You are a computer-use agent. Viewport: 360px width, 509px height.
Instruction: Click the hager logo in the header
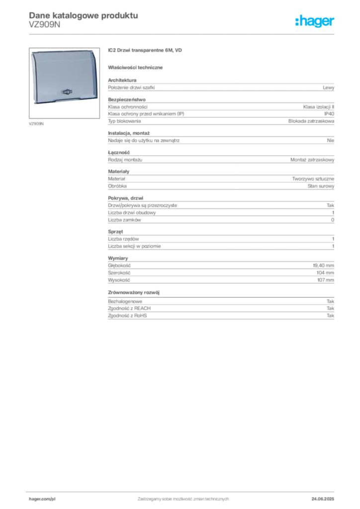[x=315, y=21]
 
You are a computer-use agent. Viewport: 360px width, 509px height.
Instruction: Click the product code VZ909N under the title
[x=44, y=25]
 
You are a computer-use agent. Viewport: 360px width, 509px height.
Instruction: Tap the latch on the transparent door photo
[x=67, y=92]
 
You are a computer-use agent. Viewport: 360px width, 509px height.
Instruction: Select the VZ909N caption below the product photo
[x=36, y=124]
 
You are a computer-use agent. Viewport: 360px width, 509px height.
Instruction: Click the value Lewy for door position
[x=328, y=87]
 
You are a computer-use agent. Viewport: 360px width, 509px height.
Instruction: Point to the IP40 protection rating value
[x=329, y=114]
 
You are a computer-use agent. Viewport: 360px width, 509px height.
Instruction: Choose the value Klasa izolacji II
[x=318, y=107]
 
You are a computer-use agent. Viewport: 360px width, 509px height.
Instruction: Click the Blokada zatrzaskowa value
[x=311, y=121]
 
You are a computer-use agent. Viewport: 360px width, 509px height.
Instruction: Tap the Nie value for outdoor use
[x=331, y=141]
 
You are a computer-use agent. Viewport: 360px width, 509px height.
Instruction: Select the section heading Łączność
[x=119, y=153]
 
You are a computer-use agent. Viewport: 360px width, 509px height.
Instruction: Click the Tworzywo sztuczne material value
[x=313, y=179]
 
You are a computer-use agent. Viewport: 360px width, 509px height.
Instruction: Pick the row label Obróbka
[x=117, y=186]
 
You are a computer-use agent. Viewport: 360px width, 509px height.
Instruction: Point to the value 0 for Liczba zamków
[x=333, y=220]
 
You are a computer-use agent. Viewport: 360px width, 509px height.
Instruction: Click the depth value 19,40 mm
[x=323, y=265]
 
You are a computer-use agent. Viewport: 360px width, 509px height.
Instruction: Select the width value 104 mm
[x=325, y=273]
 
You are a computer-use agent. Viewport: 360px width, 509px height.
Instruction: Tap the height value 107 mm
[x=326, y=280]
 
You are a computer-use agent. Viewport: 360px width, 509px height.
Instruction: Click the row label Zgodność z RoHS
[x=127, y=316]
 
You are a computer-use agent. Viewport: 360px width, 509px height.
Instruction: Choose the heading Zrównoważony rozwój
[x=134, y=292]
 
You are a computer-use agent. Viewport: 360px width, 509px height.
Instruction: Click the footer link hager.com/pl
[x=42, y=499]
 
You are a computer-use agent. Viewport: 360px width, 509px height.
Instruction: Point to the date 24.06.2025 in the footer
[x=323, y=499]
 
